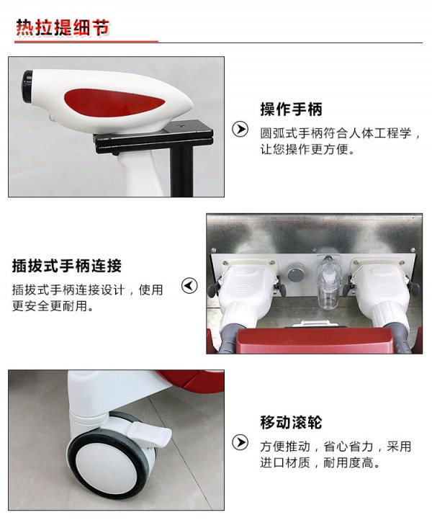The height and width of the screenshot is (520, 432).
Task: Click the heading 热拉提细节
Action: point(63,27)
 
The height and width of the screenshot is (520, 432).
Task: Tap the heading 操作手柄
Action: point(291,109)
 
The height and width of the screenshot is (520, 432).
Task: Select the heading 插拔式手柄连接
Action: point(67,266)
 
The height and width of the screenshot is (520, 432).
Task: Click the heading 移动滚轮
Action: point(291,422)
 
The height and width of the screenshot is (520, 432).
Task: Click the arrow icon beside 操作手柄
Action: point(240,129)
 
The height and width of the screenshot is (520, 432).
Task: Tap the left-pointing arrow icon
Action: point(189,285)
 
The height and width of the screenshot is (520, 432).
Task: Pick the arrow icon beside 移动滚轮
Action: point(240,442)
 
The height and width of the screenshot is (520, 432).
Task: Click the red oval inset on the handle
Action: point(113,102)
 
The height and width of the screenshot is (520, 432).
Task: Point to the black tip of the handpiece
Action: point(27,85)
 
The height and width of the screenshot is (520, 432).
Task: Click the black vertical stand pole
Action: point(181,171)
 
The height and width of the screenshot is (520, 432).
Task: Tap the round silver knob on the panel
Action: point(295,273)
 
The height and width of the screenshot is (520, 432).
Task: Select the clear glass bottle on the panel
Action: point(328,282)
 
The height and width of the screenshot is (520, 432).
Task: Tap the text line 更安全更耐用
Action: point(53,306)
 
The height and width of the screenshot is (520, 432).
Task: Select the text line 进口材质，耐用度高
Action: point(320,462)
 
